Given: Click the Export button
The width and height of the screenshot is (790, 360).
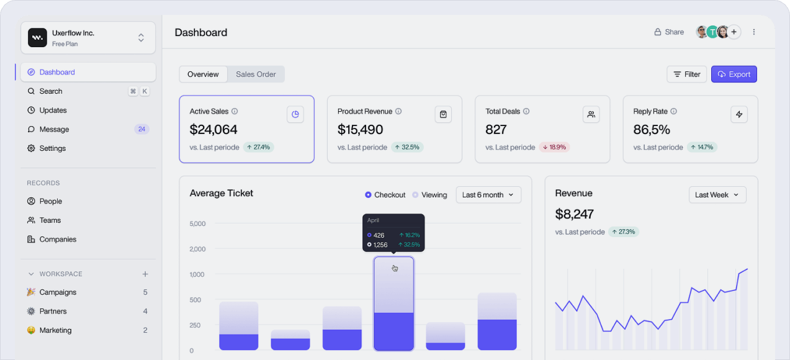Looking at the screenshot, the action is pos(734,74).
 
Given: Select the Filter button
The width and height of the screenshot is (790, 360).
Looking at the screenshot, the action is pos(686,74).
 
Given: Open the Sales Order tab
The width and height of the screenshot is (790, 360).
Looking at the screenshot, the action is pos(256,74).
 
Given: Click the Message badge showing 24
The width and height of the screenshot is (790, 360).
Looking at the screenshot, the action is pos(141,129).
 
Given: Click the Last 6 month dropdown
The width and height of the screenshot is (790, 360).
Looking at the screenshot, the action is pos(488,195).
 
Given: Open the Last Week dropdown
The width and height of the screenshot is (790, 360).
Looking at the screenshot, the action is pos(717,195).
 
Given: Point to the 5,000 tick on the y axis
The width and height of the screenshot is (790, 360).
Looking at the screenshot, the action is pos(197,223).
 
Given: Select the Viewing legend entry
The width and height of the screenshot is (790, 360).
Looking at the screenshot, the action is pos(429,195).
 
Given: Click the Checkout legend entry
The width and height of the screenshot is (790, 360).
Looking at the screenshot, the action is pos(385,195).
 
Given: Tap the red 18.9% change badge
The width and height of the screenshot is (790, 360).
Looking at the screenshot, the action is pos(554,147).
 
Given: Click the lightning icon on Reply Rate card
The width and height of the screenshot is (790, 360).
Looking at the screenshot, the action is pos(739,114).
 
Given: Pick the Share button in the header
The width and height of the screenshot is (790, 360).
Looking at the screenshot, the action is pos(669,32).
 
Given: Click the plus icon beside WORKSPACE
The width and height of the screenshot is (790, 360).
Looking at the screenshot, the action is pos(145,274).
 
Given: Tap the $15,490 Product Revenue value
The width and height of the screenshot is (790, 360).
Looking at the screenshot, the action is pos(360,129).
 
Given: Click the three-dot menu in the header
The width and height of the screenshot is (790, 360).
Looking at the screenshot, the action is pos(753,32).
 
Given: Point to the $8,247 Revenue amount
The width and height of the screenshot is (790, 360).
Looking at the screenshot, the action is pos(574,214).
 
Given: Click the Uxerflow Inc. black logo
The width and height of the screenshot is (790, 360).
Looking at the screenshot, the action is pos(37,37).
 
